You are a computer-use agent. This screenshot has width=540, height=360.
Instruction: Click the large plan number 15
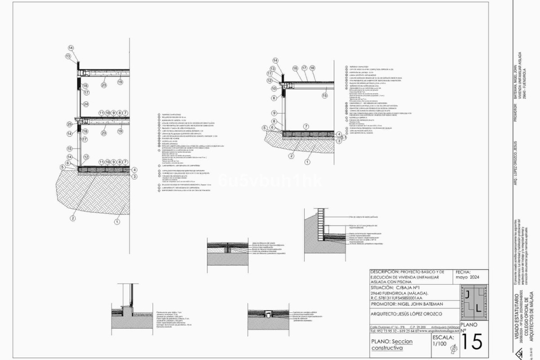point(472,342)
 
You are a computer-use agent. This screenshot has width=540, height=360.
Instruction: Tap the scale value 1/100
point(439,344)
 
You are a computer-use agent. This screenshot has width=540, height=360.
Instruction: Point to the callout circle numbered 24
point(86,104)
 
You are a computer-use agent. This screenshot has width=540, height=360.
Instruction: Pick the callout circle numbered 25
point(70,124)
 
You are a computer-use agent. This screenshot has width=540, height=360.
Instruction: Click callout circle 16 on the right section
point(295,68)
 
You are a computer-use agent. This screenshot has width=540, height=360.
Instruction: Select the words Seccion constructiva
point(392,345)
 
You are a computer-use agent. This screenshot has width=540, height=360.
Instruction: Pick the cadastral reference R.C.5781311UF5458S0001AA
point(396,298)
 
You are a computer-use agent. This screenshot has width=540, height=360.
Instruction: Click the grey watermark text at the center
point(270,181)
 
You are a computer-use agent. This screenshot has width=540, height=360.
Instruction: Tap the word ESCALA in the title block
point(443,337)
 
